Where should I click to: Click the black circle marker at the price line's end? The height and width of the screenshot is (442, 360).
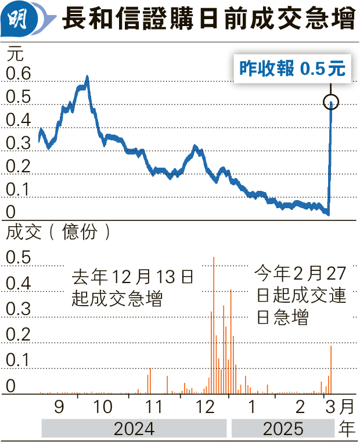(331, 103)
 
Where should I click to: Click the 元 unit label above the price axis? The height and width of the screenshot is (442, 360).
(16, 55)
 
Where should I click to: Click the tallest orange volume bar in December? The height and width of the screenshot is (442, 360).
(214, 325)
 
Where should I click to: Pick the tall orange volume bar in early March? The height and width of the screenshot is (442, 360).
(331, 370)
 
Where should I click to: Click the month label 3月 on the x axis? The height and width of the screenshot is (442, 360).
(338, 405)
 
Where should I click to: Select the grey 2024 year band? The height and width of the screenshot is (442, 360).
(134, 429)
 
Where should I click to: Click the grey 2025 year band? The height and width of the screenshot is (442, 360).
(283, 429)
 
